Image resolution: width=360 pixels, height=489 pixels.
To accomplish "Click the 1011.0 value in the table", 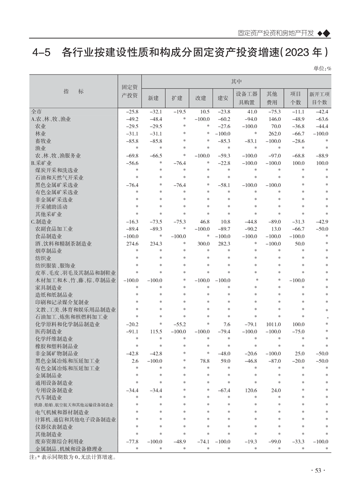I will (274, 325).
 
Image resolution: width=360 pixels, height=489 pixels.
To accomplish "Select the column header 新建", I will (153, 98).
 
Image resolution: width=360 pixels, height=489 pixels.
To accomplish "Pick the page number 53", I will (317, 471).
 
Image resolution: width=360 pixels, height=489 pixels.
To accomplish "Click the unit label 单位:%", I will (322, 69).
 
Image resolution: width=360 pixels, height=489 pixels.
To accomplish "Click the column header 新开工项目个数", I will (319, 98).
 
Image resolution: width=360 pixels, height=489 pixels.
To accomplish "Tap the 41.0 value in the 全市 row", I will (252, 112).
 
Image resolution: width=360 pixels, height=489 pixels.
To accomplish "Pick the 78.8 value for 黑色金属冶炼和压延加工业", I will (202, 361).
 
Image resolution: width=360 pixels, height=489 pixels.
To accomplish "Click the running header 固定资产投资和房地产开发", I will (276, 34).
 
